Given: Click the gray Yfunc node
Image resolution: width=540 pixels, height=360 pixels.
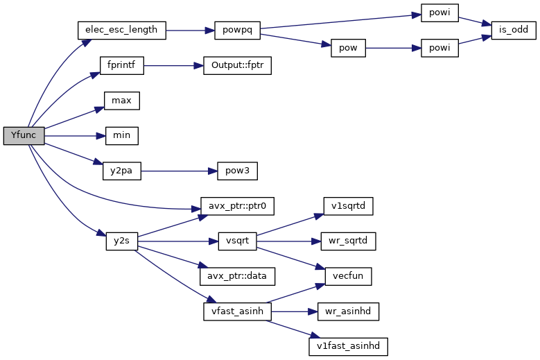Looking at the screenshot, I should [x=24, y=136].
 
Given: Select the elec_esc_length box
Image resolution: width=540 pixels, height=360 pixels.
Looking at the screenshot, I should [x=121, y=31].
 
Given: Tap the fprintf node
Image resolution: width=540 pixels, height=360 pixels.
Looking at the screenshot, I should [x=121, y=66].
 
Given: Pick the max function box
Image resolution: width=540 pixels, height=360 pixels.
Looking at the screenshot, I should [x=121, y=101].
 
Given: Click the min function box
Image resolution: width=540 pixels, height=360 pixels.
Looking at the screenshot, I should [x=121, y=136].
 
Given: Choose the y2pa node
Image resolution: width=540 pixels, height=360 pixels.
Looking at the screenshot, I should [x=121, y=171].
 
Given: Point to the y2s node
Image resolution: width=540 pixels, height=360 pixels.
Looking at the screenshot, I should [x=121, y=241].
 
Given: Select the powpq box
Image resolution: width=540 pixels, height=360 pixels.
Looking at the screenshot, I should [x=237, y=31].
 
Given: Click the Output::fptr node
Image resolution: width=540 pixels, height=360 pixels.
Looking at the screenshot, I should [x=237, y=66].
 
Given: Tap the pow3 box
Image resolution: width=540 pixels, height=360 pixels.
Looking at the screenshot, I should [x=237, y=171].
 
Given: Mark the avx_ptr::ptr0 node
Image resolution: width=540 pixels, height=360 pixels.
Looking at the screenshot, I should [x=237, y=206].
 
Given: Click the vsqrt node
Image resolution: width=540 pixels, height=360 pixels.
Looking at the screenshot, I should [x=237, y=241].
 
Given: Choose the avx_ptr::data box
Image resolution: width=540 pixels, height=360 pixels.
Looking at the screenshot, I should [x=237, y=276].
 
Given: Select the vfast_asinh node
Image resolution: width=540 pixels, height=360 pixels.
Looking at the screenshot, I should [x=237, y=311].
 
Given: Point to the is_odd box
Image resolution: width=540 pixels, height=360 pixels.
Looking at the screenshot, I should [x=513, y=31].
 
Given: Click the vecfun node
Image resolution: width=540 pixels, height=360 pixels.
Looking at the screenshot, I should [x=345, y=276].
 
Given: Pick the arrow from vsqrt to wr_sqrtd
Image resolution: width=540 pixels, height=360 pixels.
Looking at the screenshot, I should [x=288, y=241].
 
